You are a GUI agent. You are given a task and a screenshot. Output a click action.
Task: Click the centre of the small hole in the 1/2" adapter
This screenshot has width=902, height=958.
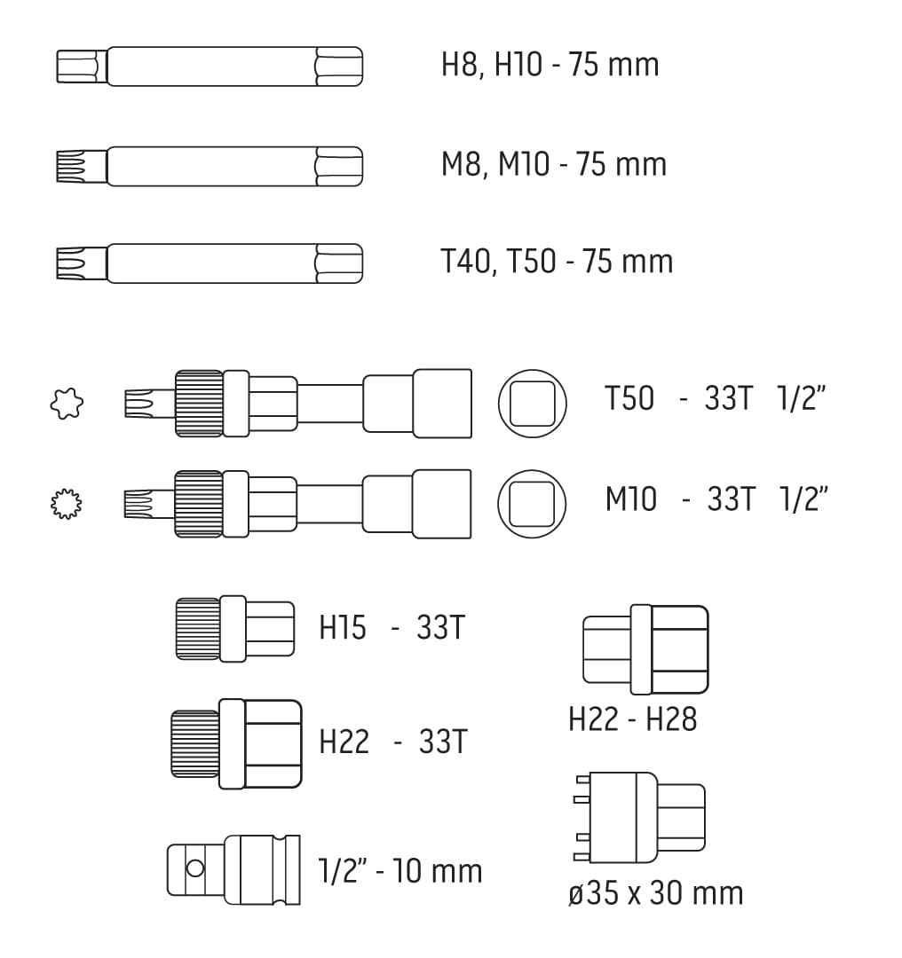tap(195, 868)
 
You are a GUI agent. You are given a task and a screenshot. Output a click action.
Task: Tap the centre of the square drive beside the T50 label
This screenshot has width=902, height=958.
tap(532, 404)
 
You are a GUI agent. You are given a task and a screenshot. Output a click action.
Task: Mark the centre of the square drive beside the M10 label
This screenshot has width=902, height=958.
tap(532, 504)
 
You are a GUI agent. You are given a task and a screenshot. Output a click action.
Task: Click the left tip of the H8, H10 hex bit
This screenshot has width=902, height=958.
tap(57, 66)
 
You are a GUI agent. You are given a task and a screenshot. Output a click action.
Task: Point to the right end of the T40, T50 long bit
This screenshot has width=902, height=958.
tap(362, 263)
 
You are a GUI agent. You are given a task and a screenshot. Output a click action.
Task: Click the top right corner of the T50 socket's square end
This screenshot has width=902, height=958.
tap(471, 370)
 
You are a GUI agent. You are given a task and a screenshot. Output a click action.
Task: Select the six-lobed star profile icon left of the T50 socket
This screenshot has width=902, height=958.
tap(67, 404)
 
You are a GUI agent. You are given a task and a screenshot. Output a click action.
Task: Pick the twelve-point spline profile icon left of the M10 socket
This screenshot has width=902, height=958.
tap(66, 504)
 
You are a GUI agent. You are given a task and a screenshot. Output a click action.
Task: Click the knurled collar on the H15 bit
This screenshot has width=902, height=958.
tap(198, 629)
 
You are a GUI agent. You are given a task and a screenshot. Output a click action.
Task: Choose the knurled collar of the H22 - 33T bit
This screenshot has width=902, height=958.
tap(195, 743)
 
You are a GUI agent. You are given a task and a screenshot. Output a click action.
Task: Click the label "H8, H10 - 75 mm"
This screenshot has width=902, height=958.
tap(550, 65)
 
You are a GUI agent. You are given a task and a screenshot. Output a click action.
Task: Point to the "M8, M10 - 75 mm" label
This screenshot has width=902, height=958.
tap(553, 164)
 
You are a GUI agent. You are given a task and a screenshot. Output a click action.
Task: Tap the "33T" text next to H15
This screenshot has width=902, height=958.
tap(441, 627)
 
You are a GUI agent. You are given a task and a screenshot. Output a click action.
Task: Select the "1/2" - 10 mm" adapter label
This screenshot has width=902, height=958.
tap(400, 870)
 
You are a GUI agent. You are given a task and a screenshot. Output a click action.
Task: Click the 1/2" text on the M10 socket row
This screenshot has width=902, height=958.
tap(803, 499)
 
